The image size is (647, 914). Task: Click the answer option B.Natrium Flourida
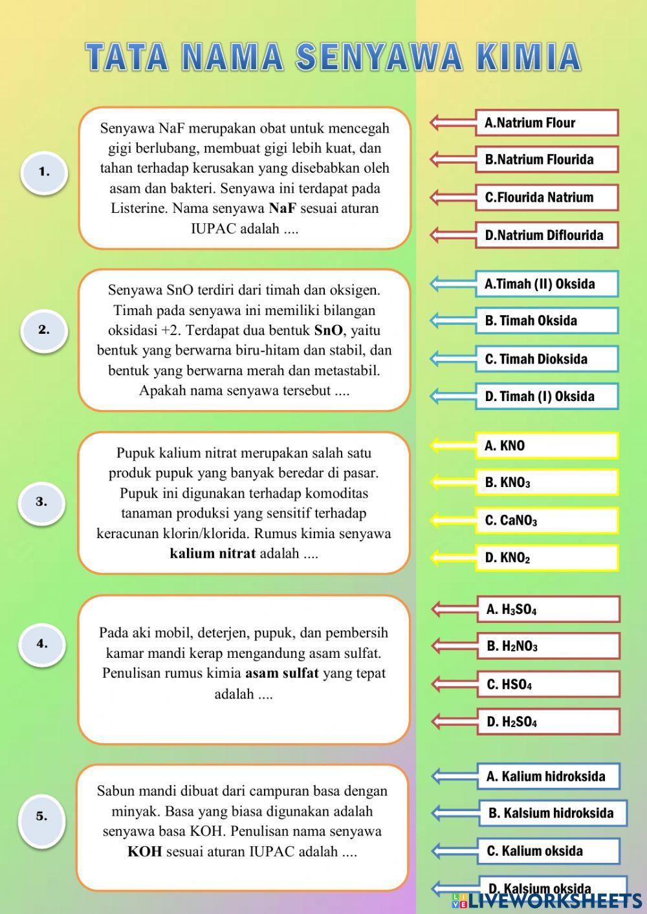pos(547,159)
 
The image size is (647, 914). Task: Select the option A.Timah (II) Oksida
pos(547,283)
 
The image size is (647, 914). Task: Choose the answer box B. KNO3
pos(547,483)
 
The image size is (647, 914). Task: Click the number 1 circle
pos(44,172)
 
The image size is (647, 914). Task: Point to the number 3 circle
pos(41,501)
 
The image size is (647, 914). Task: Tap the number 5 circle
pos(41,816)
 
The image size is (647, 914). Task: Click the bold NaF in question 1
pos(282,208)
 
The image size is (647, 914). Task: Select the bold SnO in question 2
pos(328,331)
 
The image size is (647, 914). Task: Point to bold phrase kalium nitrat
pos(212,554)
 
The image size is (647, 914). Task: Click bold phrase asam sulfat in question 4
pos(281,673)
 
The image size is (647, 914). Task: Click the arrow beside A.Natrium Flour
pos(452,122)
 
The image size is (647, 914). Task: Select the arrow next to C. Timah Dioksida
pos(452,358)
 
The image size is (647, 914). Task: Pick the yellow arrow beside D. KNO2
pos(452,558)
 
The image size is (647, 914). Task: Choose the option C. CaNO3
pos(547,520)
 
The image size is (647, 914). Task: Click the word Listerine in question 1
pos(139,208)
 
